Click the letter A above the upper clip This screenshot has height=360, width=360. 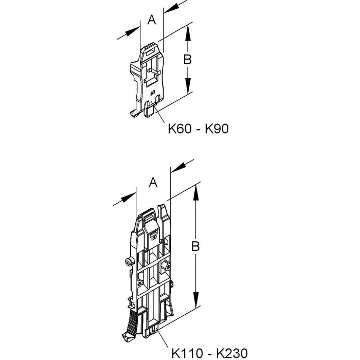click(x=152, y=20)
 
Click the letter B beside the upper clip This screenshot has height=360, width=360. click(x=188, y=60)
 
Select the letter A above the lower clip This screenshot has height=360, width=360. click(x=153, y=183)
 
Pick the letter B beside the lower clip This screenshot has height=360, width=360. click(x=195, y=246)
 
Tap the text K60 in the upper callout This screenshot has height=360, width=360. click(x=179, y=129)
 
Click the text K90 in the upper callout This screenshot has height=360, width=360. click(x=217, y=129)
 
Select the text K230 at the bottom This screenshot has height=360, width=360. click(x=232, y=353)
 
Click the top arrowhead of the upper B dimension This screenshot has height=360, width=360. click(x=188, y=32)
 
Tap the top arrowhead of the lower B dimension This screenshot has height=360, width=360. click(x=195, y=193)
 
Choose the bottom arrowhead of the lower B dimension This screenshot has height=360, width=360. click(x=195, y=299)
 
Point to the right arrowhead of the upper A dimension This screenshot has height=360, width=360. click(x=171, y=9)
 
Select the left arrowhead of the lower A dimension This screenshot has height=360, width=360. click(x=129, y=197)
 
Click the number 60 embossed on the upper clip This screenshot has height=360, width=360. click(x=152, y=93)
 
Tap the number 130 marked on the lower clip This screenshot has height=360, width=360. click(x=154, y=237)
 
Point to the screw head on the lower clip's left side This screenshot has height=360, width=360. click(x=129, y=261)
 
